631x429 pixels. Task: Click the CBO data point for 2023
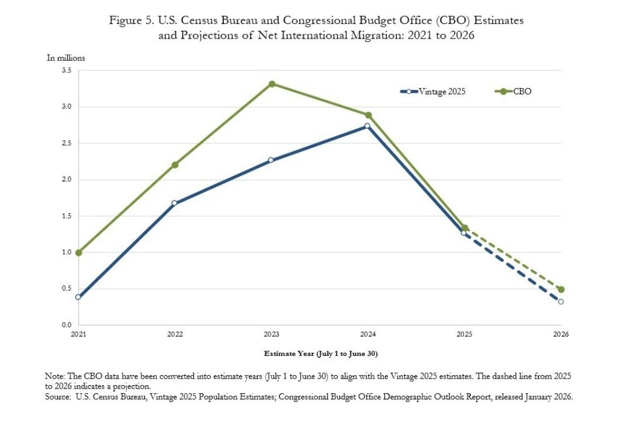click(272, 84)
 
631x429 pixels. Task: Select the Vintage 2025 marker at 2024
click(367, 126)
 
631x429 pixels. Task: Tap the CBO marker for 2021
click(79, 252)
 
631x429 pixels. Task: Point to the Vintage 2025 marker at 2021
click(79, 297)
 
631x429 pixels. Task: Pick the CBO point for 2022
click(175, 165)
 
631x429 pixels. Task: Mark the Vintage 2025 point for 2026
click(561, 302)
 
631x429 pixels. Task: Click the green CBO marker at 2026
click(561, 289)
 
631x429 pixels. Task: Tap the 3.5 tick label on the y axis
click(66, 71)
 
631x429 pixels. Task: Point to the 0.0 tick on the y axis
click(66, 325)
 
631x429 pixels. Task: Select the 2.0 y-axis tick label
click(66, 180)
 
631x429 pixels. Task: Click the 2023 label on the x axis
click(272, 335)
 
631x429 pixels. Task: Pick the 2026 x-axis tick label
click(561, 335)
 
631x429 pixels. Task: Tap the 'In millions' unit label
click(66, 57)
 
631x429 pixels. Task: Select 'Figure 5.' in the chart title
click(132, 20)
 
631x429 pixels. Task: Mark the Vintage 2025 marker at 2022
click(175, 203)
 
